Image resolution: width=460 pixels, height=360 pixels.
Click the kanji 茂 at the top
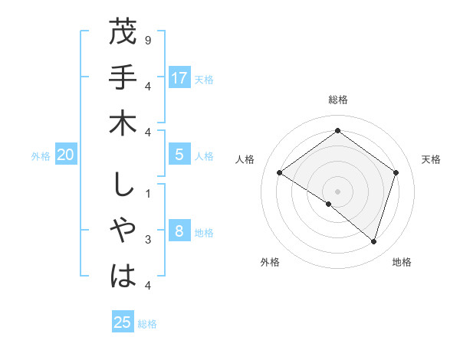click(123, 33)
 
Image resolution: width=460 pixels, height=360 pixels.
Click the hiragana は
click(123, 275)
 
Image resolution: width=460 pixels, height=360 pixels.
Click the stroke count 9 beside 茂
click(147, 38)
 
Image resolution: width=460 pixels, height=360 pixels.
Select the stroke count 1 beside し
click(147, 192)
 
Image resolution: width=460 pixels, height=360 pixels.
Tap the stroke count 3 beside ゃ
click(147, 240)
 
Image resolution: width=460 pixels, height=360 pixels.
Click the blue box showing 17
click(179, 78)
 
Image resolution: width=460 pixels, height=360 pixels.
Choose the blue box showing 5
click(179, 155)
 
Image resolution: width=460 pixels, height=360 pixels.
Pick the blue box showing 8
click(179, 232)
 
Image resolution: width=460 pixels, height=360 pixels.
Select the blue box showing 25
click(123, 322)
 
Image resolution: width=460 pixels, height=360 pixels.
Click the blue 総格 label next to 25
click(147, 324)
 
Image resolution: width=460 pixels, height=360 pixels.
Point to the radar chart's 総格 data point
click(337, 131)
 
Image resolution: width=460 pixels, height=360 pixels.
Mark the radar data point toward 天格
click(396, 172)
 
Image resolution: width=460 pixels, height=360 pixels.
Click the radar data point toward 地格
click(373, 241)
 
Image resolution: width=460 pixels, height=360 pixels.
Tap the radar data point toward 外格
click(329, 204)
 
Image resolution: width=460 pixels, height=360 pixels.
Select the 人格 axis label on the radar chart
click(245, 159)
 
